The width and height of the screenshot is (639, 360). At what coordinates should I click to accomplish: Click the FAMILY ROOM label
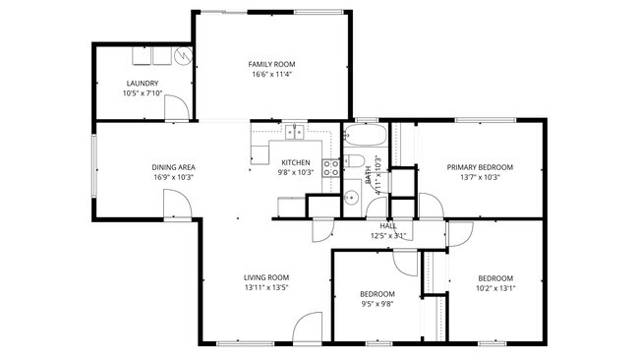pyautogui.click(x=271, y=63)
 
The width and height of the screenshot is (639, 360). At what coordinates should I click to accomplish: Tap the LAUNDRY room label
pyautogui.click(x=143, y=83)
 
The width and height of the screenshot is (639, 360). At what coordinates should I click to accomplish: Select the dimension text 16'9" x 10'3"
pyautogui.click(x=172, y=178)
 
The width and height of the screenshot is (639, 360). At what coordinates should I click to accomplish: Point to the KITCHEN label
pyautogui.click(x=295, y=162)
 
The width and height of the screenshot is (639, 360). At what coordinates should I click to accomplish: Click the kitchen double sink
pyautogui.click(x=294, y=131)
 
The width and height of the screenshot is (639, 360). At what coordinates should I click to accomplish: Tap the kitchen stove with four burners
pyautogui.click(x=331, y=167)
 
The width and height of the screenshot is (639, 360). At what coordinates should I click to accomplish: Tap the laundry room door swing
pyautogui.click(x=177, y=108)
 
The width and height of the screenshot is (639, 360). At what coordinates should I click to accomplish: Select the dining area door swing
pyautogui.click(x=175, y=205)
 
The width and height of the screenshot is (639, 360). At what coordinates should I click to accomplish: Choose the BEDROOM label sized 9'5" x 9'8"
pyautogui.click(x=377, y=294)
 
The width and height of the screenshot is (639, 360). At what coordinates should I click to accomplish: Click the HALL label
pyautogui.click(x=387, y=225)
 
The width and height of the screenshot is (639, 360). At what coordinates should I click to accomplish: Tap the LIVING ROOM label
pyautogui.click(x=265, y=277)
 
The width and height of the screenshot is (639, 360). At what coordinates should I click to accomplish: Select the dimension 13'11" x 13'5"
pyautogui.click(x=265, y=289)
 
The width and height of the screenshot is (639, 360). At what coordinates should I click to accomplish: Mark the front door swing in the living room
pyautogui.click(x=307, y=329)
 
